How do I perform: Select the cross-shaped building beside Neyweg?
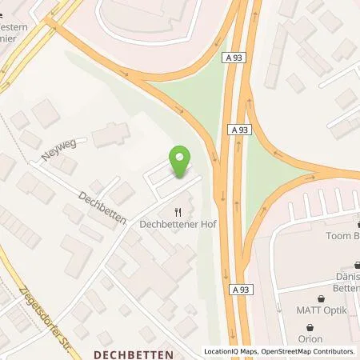(x=110, y=135)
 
